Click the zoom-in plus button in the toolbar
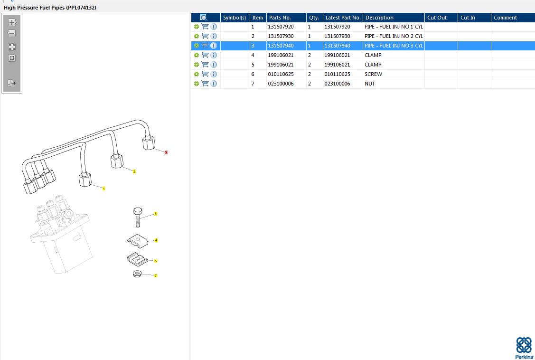12,22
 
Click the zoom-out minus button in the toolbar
12,33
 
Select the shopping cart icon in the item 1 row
205,27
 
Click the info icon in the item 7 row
214,84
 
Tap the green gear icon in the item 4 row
197,55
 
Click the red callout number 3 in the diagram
166,152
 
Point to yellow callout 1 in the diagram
103,189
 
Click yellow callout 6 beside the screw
155,214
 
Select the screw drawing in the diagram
138,218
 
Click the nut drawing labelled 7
137,274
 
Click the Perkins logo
524,348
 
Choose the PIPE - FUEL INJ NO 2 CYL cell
393,36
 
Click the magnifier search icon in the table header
204,18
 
